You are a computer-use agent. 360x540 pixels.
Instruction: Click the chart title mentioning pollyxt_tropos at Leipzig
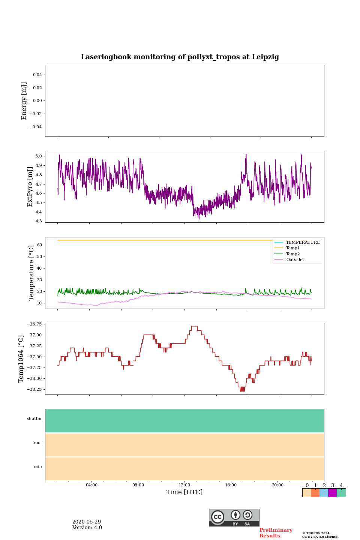click(x=180, y=57)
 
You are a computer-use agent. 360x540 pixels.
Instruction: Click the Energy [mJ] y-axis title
click(x=24, y=101)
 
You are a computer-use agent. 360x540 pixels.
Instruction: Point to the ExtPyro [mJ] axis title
click(x=30, y=187)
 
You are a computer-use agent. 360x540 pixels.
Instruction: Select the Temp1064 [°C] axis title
click(x=21, y=358)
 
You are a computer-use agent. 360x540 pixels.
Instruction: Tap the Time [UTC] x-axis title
click(x=184, y=492)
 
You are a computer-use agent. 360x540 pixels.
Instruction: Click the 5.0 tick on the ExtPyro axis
click(x=38, y=156)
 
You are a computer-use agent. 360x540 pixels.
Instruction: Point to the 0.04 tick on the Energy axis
click(x=37, y=75)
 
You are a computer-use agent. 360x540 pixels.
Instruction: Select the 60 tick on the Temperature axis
click(x=39, y=245)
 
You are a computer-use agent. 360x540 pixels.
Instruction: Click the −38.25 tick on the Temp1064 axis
click(x=34, y=389)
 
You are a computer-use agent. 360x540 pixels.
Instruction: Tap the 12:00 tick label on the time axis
click(x=184, y=485)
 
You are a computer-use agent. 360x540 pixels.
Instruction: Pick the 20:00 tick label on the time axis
click(x=277, y=485)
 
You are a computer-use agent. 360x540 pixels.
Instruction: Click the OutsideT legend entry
click(x=295, y=259)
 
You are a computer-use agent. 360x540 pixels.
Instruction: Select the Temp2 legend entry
click(x=293, y=254)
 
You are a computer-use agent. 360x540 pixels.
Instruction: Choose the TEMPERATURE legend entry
click(x=303, y=242)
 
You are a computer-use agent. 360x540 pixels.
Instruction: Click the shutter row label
click(x=34, y=418)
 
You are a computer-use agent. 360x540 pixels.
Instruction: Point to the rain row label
click(x=38, y=466)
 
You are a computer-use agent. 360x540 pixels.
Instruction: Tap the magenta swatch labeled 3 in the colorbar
click(x=332, y=493)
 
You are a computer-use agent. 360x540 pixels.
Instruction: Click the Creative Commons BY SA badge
click(x=234, y=517)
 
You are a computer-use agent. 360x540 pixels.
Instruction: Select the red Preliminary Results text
click(x=276, y=533)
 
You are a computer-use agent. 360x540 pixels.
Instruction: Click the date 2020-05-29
click(x=87, y=522)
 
